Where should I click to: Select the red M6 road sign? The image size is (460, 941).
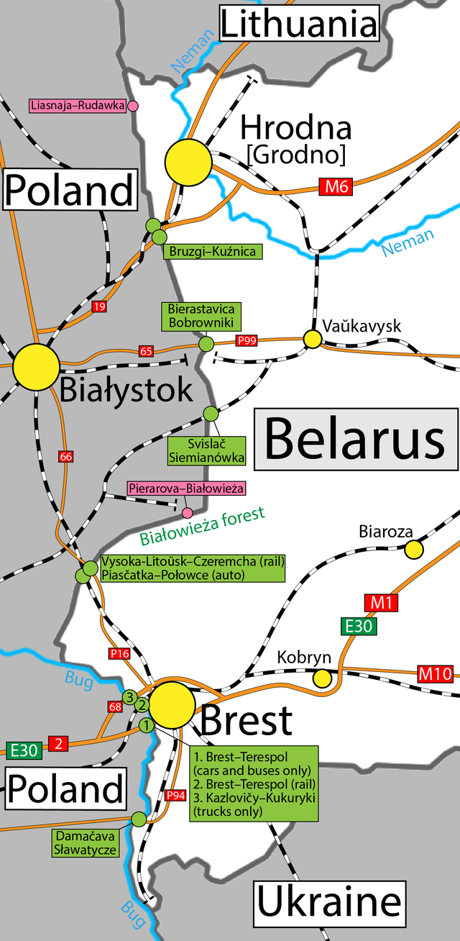pos(336,188)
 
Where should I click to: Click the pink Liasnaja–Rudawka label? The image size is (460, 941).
pos(78,106)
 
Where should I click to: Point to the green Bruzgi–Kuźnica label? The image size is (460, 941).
pos(212,251)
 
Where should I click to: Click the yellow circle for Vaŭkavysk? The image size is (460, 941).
pos(312,338)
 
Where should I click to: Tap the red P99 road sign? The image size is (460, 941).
pos(246,341)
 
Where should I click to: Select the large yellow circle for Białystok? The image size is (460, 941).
pos(36,367)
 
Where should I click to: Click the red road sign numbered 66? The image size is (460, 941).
pos(66,456)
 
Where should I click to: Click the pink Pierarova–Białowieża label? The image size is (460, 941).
pos(187,488)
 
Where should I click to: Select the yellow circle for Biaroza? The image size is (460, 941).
pos(414,550)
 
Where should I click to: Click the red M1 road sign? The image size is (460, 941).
pos(381,602)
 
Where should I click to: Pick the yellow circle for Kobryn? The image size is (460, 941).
pos(323,678)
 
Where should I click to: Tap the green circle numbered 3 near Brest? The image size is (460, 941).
pos(129,696)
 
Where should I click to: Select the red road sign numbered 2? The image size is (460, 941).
pos(58,743)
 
